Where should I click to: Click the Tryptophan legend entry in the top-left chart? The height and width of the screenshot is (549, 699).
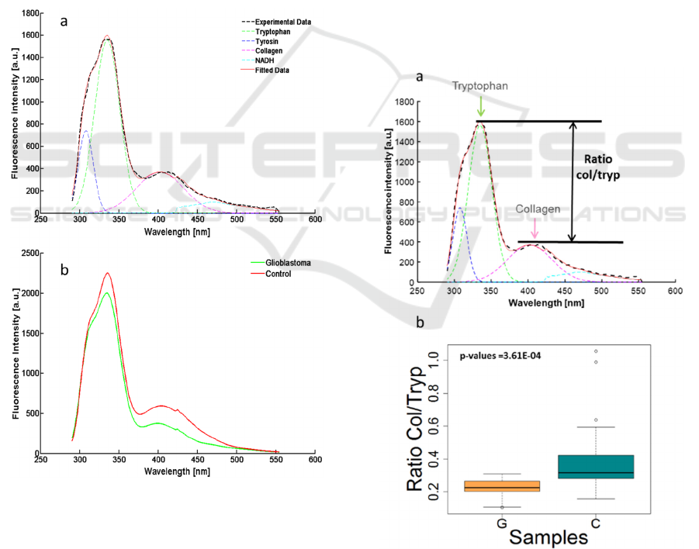273,31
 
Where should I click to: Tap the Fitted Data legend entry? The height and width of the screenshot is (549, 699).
273,71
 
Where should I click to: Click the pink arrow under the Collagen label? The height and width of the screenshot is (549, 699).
535,230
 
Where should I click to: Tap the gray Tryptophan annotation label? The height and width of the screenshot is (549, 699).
481,87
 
